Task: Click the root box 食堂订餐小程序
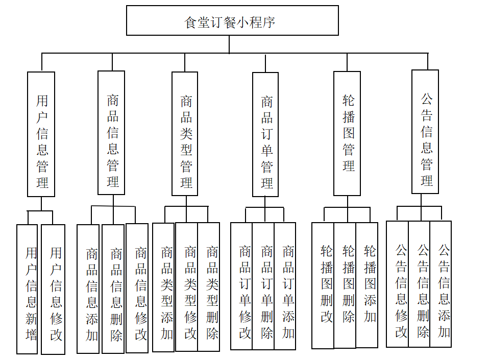(x=232, y=20)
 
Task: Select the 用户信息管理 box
(x=41, y=134)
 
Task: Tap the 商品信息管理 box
(x=111, y=133)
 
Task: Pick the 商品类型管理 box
(x=185, y=134)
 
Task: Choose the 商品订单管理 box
(x=265, y=134)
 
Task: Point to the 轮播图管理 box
(x=347, y=133)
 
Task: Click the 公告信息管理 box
(x=425, y=132)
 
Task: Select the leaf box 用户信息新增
(x=27, y=289)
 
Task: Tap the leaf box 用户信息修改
(x=53, y=290)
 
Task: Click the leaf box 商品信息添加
(x=88, y=289)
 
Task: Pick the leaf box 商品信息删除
(x=113, y=289)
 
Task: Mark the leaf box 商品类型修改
(x=187, y=286)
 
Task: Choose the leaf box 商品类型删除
(x=209, y=286)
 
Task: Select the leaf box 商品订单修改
(x=242, y=286)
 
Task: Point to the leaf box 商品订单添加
(x=285, y=286)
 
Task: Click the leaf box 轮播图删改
(x=323, y=285)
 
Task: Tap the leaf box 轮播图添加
(x=367, y=285)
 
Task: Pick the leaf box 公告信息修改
(x=398, y=284)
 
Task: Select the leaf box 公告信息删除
(x=419, y=284)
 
